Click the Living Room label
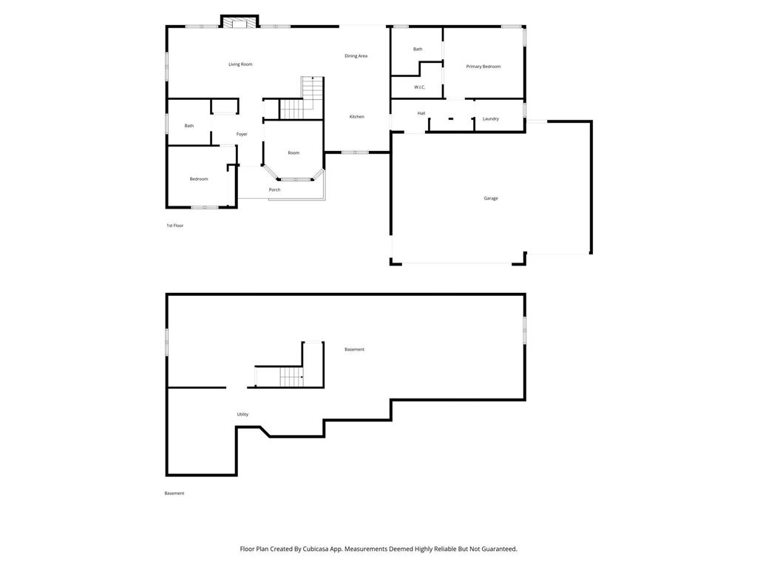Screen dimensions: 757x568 (x=240, y=64)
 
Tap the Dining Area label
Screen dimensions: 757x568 (x=356, y=56)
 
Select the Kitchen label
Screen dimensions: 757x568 (x=357, y=117)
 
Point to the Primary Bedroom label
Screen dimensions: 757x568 (x=483, y=67)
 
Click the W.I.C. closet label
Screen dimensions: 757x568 (x=420, y=87)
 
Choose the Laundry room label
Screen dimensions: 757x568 (x=491, y=119)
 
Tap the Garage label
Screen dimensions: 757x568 (x=491, y=198)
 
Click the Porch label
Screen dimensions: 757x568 (x=275, y=190)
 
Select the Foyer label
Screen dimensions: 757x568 (x=242, y=135)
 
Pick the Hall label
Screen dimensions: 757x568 (x=421, y=113)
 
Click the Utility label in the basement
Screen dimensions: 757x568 (x=242, y=414)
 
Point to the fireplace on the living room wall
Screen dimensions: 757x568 (x=240, y=22)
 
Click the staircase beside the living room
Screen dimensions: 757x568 (x=302, y=98)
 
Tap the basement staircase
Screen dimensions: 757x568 (x=291, y=376)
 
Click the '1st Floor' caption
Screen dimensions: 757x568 (x=174, y=226)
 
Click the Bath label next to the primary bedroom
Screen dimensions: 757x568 (x=418, y=50)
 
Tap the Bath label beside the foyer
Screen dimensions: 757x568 (x=189, y=126)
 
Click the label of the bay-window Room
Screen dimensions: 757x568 (x=293, y=153)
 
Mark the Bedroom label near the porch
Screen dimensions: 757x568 (x=199, y=179)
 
